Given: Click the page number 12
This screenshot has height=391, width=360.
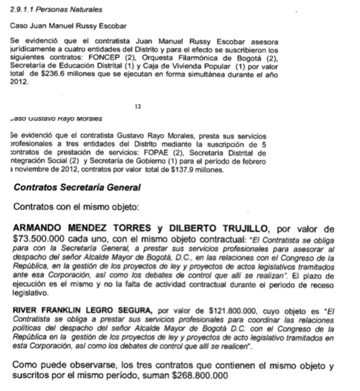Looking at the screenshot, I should tap(138, 106).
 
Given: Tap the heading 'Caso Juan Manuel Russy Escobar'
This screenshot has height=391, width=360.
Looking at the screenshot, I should tap(68, 27).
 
